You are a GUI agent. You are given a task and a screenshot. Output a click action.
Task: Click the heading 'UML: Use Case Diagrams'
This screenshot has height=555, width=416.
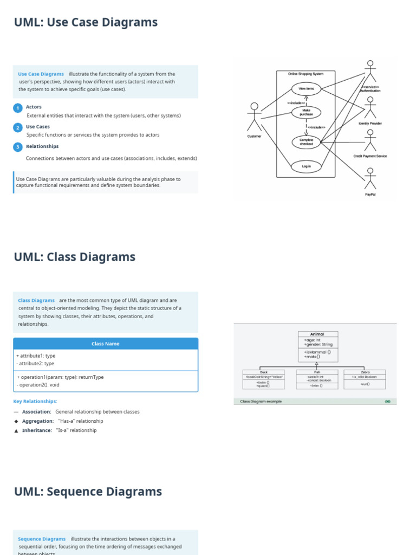pos(86,22)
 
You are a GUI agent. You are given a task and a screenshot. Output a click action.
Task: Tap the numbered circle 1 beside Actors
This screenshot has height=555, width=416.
pos(17,108)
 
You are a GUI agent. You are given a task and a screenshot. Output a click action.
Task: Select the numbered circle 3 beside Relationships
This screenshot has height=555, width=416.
pos(17,147)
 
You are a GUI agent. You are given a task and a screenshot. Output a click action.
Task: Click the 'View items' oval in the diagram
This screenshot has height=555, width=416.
pos(306,88)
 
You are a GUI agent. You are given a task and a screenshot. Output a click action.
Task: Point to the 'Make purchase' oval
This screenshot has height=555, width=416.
pos(306,112)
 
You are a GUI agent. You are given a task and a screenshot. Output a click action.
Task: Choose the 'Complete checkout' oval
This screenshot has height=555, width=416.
pos(306,142)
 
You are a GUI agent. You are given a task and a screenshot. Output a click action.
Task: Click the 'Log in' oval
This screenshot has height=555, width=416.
pos(306,166)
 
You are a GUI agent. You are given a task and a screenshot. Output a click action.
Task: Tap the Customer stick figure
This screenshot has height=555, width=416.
pos(254,117)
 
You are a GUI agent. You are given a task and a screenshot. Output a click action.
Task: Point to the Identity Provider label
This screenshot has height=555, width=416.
pos(370,124)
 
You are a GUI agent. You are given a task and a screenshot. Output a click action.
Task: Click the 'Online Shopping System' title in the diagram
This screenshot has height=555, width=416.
pos(305,74)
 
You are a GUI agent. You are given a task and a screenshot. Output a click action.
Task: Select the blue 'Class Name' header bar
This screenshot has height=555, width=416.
pos(106,344)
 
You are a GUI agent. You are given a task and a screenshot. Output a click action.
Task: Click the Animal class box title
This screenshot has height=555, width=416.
pos(317,334)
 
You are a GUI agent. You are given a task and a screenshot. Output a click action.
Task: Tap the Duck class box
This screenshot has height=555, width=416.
pos(264,379)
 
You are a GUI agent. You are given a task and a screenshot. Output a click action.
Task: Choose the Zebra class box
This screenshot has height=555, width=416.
pos(365,379)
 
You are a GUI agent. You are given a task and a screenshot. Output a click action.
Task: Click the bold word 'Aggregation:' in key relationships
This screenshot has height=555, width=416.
pos(38,421)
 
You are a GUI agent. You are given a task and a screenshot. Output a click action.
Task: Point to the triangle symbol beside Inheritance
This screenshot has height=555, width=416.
pos(16,430)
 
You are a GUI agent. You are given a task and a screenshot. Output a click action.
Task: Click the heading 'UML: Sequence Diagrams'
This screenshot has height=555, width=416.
pos(88,492)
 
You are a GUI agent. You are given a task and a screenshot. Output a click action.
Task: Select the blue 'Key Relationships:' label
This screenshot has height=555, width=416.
pos(35,402)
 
